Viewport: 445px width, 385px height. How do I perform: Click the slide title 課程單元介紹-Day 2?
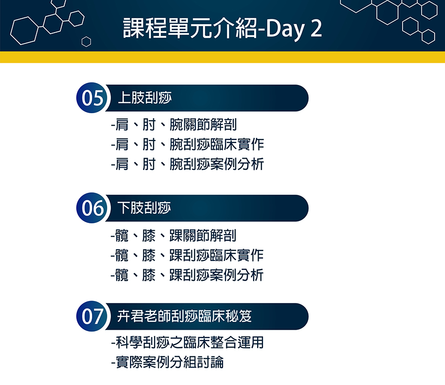click(x=222, y=28)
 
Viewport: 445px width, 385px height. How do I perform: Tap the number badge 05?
click(x=92, y=98)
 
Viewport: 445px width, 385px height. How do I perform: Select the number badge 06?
click(x=92, y=208)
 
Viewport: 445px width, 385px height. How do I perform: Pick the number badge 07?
click(x=92, y=316)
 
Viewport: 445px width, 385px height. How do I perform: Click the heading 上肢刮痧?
click(x=145, y=98)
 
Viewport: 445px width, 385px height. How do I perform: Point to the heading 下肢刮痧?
click(x=144, y=208)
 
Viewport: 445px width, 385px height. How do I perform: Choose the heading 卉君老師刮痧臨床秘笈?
click(x=184, y=316)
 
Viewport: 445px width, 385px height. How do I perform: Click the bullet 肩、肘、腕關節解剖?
click(x=174, y=125)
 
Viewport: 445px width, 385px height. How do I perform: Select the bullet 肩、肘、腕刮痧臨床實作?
click(x=187, y=144)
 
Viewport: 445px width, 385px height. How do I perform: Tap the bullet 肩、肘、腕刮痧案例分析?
click(x=187, y=164)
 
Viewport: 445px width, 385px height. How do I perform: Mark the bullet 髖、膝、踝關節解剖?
click(x=174, y=235)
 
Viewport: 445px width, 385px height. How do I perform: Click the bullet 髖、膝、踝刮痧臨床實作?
click(x=187, y=256)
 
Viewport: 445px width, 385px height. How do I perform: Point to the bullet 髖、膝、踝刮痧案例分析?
click(x=187, y=275)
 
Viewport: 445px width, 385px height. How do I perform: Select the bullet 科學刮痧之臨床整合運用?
click(x=187, y=342)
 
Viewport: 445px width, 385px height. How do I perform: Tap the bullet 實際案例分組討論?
click(x=167, y=362)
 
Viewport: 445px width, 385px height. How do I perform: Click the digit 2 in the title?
click(x=316, y=29)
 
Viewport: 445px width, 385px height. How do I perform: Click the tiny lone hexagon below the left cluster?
click(x=86, y=42)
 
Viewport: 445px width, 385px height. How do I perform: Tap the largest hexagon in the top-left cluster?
click(x=24, y=31)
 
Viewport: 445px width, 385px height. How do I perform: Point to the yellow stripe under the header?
click(x=222, y=57)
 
